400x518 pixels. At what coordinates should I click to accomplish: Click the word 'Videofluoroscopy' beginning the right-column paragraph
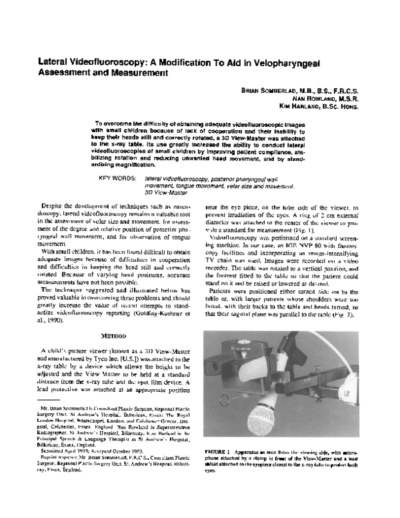pyautogui.click(x=232, y=236)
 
